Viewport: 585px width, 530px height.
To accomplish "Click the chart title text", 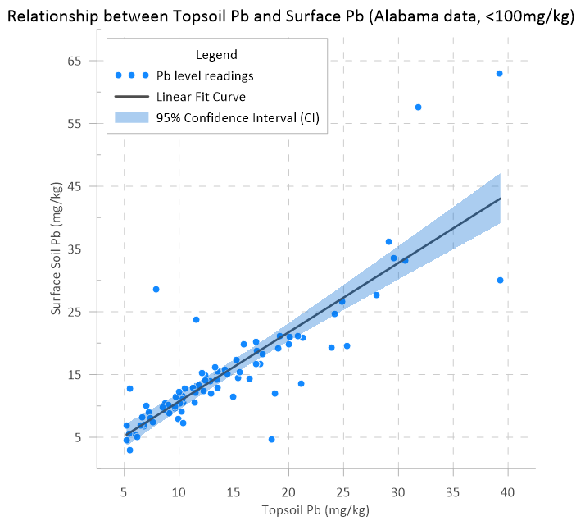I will click(x=292, y=14).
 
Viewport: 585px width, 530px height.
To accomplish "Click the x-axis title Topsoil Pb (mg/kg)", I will click(x=315, y=510).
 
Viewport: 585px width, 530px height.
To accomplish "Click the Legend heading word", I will click(x=217, y=55).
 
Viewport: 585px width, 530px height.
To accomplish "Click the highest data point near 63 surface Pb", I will click(x=499, y=73).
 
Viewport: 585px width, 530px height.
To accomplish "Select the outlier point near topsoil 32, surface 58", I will click(x=418, y=107).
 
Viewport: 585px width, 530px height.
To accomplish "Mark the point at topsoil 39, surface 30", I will click(x=500, y=280).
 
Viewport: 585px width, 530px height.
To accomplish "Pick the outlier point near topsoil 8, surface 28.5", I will click(x=156, y=289).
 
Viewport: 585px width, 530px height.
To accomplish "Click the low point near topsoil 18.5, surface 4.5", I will click(x=271, y=439).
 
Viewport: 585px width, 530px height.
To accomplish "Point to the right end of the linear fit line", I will click(x=500, y=199).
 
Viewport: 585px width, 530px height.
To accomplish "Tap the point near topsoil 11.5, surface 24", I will click(x=196, y=319).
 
